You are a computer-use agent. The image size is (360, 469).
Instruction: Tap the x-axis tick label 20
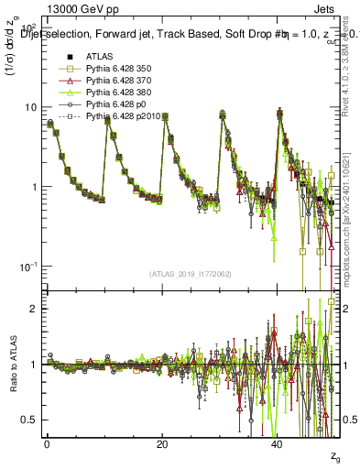[161, 443]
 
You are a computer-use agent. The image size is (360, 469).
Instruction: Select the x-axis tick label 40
[277, 443]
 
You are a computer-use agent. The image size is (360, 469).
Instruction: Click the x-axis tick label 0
[47, 443]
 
